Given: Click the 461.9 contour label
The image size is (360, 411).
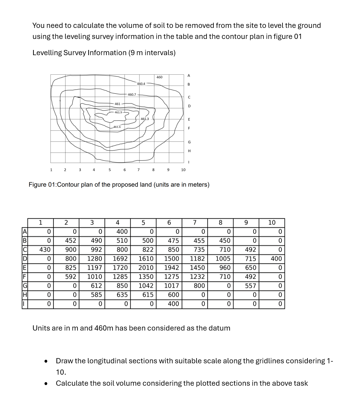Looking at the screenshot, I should coord(118,112).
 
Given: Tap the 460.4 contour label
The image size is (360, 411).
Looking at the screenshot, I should coord(141,84).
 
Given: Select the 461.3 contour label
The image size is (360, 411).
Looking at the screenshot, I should coord(145,119).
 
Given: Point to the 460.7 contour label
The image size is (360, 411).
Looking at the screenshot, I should coord(132,95).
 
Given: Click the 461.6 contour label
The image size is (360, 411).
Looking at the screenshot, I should coord(117,127).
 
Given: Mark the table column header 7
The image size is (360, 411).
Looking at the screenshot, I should coord(195,223).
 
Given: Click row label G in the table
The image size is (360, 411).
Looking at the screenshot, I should coord(24,286).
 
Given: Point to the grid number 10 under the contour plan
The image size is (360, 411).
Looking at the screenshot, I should coord(183,170).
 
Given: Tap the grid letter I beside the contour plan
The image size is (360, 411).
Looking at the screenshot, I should coord(189,162).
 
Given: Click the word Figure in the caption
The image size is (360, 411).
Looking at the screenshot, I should coord(37,185).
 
